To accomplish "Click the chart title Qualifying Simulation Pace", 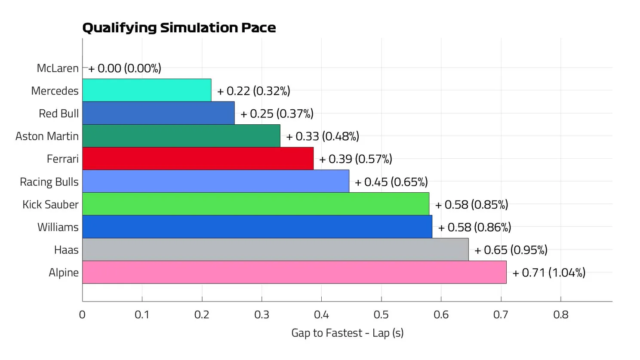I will (x=179, y=28).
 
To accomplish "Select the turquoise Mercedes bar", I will (x=147, y=90).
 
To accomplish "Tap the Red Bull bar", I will (x=158, y=113).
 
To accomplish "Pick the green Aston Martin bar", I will (x=181, y=136).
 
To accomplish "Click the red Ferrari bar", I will (x=198, y=159).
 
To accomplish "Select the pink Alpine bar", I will (x=294, y=272).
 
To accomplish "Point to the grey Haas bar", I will (x=275, y=249).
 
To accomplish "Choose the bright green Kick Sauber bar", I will (x=255, y=204).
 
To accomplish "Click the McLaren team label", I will (x=58, y=68).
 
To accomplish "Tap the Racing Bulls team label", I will (x=49, y=182).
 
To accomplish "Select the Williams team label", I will (x=58, y=227).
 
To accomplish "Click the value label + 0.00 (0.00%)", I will (x=125, y=68).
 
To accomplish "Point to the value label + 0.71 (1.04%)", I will (x=549, y=273).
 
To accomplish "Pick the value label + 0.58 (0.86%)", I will (x=474, y=227).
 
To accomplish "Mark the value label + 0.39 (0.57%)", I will (x=356, y=159).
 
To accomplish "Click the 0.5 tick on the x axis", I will (x=381, y=315).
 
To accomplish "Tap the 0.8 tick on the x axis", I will (x=560, y=315).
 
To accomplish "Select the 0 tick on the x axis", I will (x=82, y=315).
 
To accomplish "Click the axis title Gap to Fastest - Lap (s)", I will (x=347, y=333).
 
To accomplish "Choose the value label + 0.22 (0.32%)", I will (x=254, y=91).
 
